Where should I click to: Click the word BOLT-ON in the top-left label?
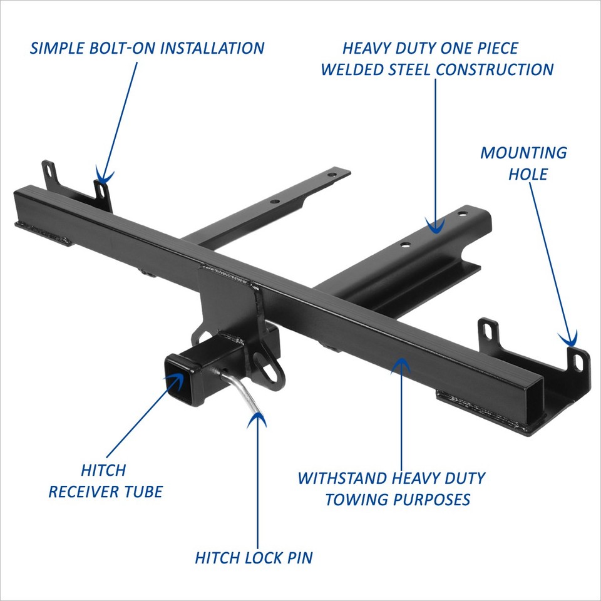(127, 48)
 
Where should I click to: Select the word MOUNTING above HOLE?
(523, 153)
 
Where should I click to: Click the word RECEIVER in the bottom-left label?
(85, 491)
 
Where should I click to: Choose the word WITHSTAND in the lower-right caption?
(343, 479)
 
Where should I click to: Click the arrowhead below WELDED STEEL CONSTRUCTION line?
(434, 227)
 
